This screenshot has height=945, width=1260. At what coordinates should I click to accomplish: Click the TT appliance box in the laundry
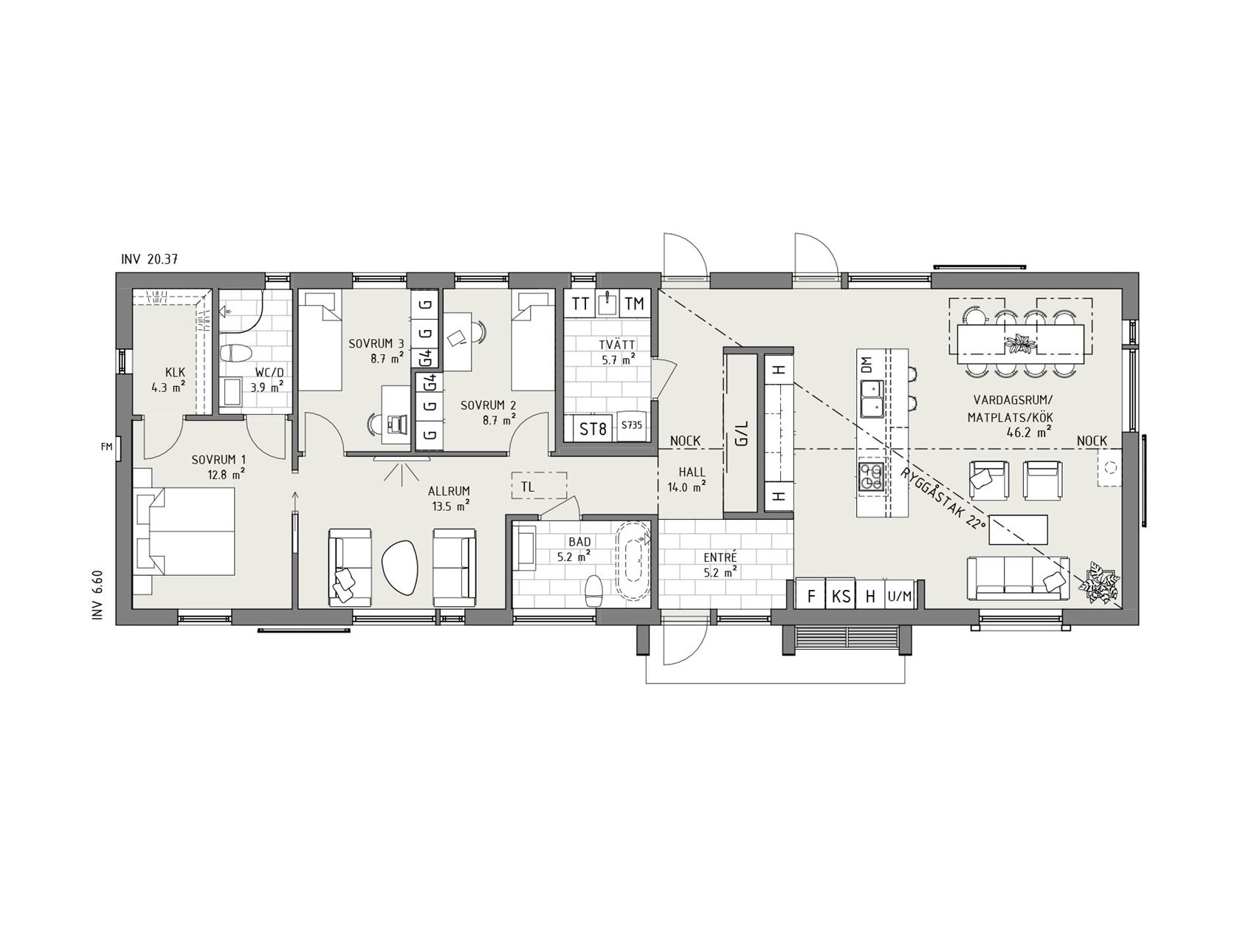(x=580, y=303)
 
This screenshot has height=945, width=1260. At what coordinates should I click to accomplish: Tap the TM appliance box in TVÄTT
(x=634, y=303)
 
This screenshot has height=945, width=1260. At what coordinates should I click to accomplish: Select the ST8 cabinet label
(x=593, y=428)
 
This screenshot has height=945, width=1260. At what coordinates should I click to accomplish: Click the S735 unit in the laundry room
(x=631, y=426)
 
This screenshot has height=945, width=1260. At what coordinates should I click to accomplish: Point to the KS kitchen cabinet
(x=841, y=596)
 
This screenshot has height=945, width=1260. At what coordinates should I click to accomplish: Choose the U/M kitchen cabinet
(x=900, y=596)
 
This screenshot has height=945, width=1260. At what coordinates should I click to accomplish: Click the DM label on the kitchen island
(x=867, y=363)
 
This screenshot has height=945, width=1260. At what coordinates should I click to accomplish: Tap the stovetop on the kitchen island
(x=872, y=475)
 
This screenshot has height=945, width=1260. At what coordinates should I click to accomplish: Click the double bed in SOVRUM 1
(x=185, y=531)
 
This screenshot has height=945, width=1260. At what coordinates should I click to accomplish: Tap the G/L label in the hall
(x=742, y=433)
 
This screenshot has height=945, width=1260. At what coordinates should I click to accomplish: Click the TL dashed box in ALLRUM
(x=539, y=487)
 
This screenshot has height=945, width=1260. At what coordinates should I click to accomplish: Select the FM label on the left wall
(x=106, y=446)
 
